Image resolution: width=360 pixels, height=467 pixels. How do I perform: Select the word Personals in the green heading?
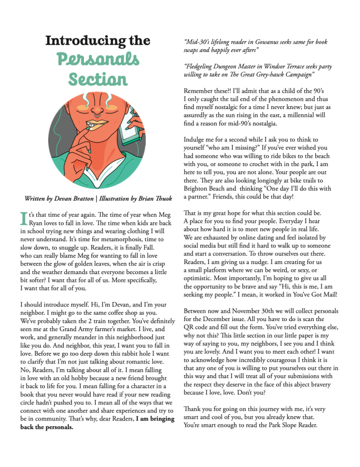click(x=98, y=60)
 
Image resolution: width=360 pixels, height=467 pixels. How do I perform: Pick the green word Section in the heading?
click(x=98, y=80)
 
